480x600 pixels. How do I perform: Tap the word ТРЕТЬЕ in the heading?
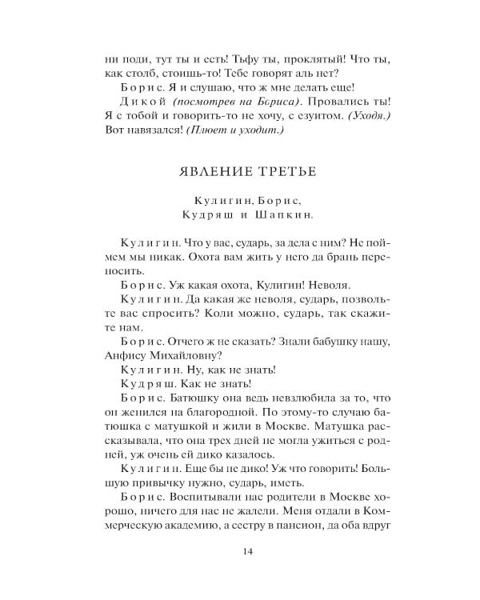coord(281,171)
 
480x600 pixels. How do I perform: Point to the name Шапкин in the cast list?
coord(283,214)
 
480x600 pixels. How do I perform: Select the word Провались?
coord(334,102)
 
